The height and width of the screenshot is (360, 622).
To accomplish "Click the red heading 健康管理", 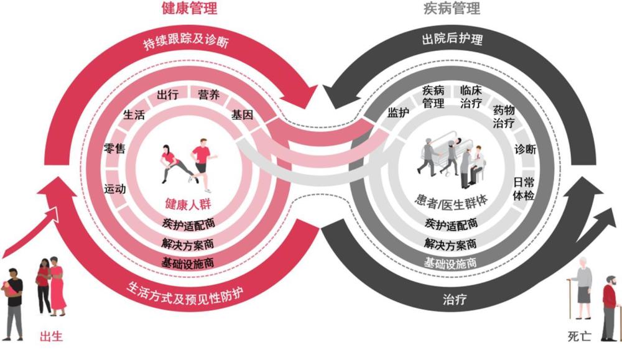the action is click(190, 8).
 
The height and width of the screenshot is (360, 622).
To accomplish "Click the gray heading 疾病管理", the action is click(452, 8).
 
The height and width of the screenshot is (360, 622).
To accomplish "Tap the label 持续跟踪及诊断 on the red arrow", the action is click(186, 41).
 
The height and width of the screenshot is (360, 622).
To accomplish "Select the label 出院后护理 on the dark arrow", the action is click(452, 39).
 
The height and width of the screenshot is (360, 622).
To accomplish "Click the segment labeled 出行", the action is click(167, 95).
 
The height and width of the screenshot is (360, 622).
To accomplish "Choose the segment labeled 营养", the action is click(208, 95).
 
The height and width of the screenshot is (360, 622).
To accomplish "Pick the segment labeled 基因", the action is click(242, 115).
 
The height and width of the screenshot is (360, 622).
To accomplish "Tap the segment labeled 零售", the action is click(114, 149).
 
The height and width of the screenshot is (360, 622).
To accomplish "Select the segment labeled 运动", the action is click(114, 189).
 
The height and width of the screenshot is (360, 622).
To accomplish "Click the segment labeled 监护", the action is click(398, 113).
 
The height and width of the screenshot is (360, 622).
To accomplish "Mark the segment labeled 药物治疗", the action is click(504, 116).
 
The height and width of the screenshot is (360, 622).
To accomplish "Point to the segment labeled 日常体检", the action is click(524, 189).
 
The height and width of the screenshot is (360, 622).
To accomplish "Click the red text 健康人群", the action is click(188, 204).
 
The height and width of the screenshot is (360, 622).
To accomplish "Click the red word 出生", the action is click(51, 336).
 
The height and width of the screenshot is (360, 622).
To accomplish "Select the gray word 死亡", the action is click(580, 336).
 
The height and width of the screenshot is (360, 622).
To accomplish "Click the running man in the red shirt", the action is click(203, 165).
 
